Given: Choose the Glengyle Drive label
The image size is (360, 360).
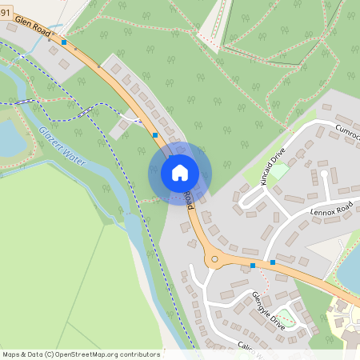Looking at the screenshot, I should click(268, 311).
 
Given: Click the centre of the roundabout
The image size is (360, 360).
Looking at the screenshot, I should click(214, 259).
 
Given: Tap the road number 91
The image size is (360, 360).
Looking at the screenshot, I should click(5, 11).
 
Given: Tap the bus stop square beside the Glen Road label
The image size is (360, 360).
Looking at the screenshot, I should click(64, 42).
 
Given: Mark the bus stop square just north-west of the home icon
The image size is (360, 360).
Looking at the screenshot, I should click(154, 135).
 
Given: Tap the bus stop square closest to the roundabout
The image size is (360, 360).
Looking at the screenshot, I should click(253, 265).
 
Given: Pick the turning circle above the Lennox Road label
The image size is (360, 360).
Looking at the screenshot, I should click(323, 172).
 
